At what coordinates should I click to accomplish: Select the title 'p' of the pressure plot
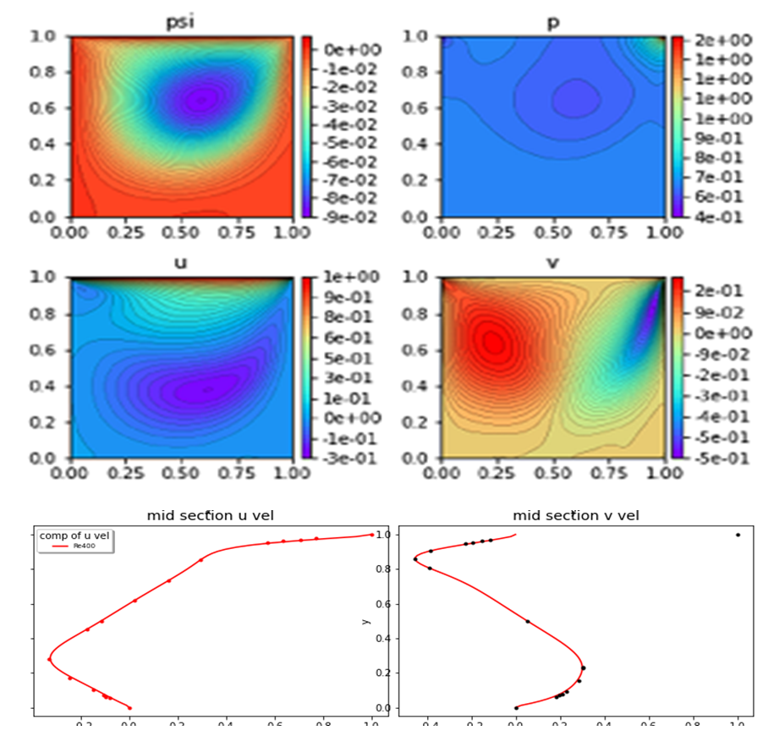tap(552, 23)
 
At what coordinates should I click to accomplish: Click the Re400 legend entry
tap(83, 547)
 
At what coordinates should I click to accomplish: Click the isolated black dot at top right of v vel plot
tap(738, 535)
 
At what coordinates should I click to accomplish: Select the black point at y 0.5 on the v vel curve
tap(528, 622)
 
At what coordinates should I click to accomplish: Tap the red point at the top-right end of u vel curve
tap(371, 535)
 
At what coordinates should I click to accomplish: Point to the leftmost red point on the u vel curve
tap(49, 659)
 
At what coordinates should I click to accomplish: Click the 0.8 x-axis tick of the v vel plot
tap(694, 724)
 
